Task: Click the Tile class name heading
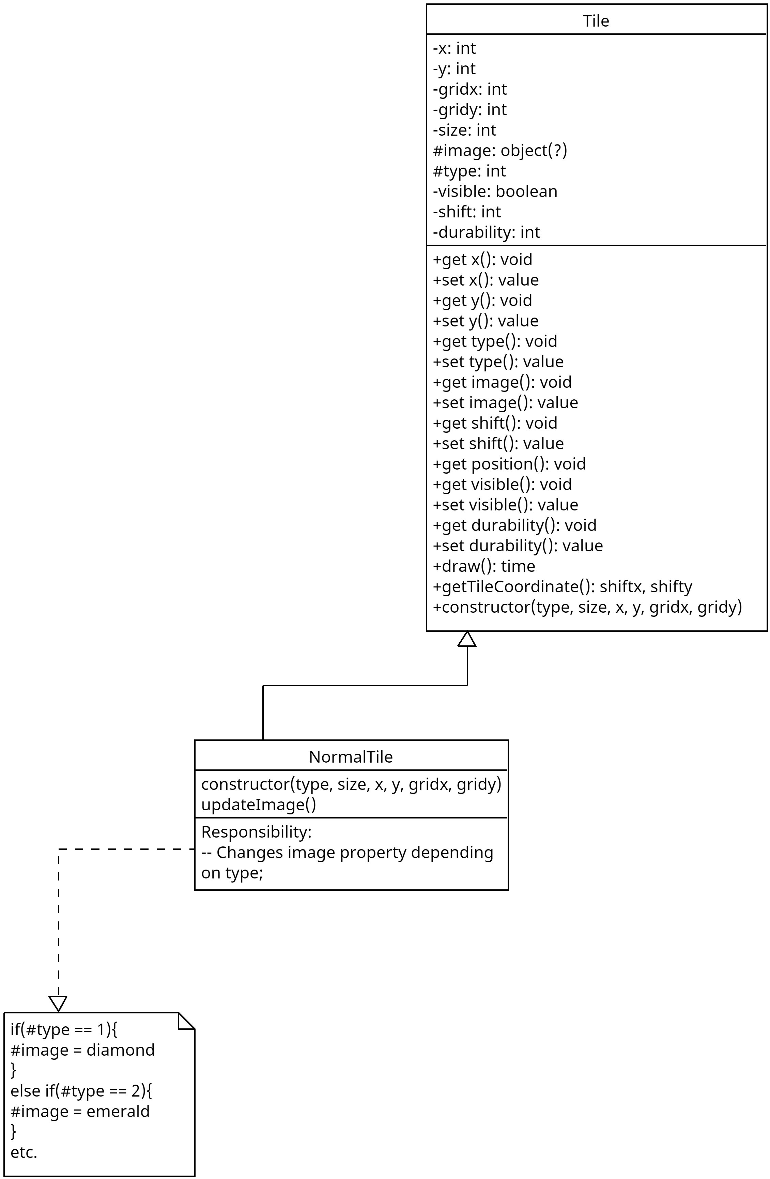click(x=596, y=21)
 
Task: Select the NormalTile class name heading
click(x=351, y=757)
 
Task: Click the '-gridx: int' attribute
click(x=470, y=89)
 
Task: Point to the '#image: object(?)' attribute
click(x=499, y=150)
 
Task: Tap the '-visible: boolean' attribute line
click(x=495, y=191)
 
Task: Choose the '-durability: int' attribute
click(x=486, y=232)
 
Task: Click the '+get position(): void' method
click(x=509, y=464)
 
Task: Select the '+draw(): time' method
click(x=484, y=566)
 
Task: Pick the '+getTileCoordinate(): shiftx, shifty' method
click(x=562, y=586)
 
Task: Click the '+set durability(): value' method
click(x=518, y=546)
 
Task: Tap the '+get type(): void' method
click(x=495, y=341)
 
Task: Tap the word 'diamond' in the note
click(x=120, y=1050)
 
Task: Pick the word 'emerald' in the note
click(x=118, y=1112)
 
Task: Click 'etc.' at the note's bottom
click(x=24, y=1152)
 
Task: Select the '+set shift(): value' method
click(x=498, y=443)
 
